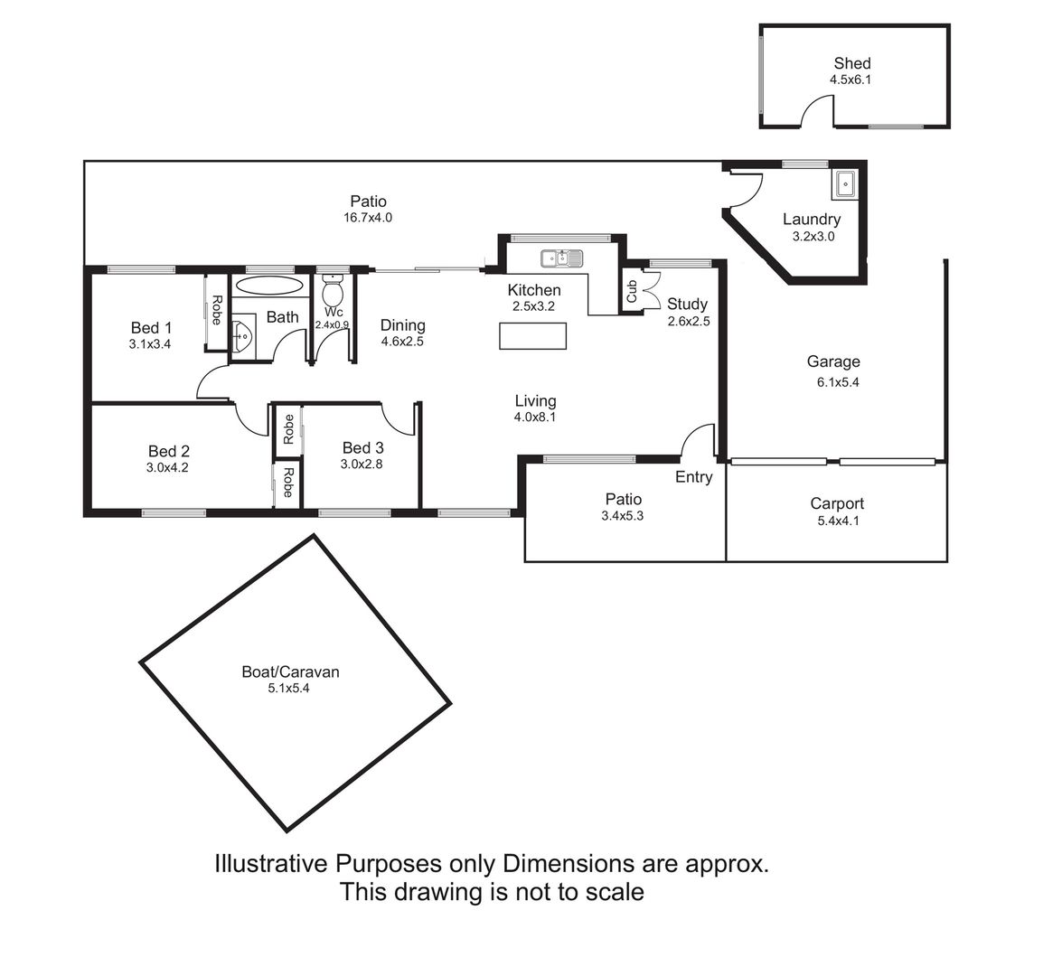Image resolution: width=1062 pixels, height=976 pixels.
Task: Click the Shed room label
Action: [x=852, y=63]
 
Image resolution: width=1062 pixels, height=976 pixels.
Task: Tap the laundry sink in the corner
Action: [x=845, y=183]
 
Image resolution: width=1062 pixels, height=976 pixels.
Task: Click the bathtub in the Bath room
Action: [x=269, y=285]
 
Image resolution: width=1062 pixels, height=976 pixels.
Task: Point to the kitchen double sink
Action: [x=561, y=258]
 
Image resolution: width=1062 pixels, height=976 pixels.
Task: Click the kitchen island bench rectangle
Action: [x=532, y=336]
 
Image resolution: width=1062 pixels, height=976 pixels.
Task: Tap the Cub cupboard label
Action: [x=632, y=291]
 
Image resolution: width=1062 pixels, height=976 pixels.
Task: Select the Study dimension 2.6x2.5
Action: [x=689, y=322]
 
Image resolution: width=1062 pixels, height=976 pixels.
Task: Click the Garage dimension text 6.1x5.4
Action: [x=838, y=382]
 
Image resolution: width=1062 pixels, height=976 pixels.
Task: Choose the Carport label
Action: [x=837, y=504]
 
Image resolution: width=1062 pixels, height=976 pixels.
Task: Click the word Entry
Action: [x=693, y=477]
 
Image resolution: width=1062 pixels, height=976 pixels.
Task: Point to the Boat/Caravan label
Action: [x=290, y=671]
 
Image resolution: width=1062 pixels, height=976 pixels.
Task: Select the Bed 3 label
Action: [x=363, y=447]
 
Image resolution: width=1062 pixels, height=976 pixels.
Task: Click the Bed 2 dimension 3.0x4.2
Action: [x=167, y=467]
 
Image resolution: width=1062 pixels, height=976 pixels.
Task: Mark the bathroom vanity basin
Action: [x=242, y=333]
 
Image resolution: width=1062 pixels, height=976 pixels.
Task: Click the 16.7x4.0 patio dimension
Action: [x=368, y=218]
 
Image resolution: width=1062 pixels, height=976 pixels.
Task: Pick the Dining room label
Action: [x=403, y=325]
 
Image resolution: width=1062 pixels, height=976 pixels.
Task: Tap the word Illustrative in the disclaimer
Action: [x=271, y=864]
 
